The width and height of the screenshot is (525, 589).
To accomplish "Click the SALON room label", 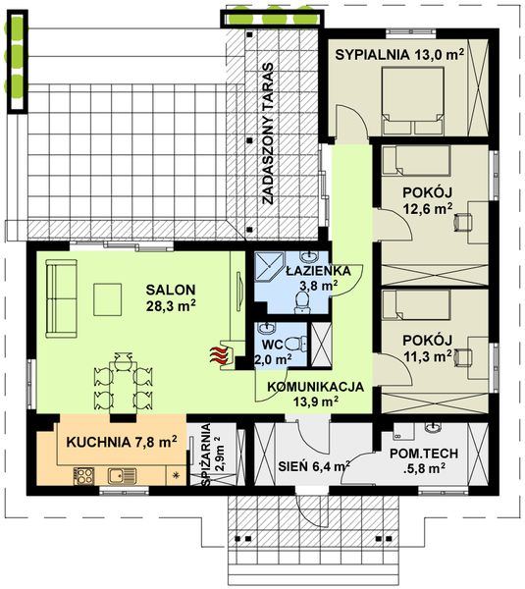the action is pyautogui.click(x=171, y=290).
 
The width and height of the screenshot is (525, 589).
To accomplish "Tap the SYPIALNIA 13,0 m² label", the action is pyautogui.click(x=399, y=55).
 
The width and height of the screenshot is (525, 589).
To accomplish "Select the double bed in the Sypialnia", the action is pyautogui.click(x=413, y=101).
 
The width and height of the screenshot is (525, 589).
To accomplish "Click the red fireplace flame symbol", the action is pyautogui.click(x=219, y=355).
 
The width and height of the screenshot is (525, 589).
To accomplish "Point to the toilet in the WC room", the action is pyautogui.click(x=295, y=345).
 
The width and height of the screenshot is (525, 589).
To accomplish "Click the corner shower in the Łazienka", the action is pyautogui.click(x=269, y=266).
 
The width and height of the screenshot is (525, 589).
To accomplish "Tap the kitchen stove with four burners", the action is pyautogui.click(x=83, y=475).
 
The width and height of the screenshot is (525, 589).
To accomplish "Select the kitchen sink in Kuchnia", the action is pyautogui.click(x=122, y=476).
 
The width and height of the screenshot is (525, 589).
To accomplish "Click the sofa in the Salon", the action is pyautogui.click(x=61, y=298).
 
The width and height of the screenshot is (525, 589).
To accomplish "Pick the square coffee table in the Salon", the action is pyautogui.click(x=107, y=299).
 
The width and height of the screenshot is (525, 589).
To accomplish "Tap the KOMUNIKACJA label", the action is pyautogui.click(x=315, y=387).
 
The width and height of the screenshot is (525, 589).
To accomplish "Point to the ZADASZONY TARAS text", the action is pyautogui.click(x=267, y=134).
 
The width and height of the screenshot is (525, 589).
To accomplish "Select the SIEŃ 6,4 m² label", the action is pyautogui.click(x=314, y=466).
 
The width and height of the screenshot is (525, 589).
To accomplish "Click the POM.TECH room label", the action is pyautogui.click(x=424, y=454).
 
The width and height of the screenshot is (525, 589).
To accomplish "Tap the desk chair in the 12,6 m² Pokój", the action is pyautogui.click(x=462, y=221).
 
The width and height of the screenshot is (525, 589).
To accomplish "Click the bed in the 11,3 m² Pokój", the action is pyautogui.click(x=416, y=304).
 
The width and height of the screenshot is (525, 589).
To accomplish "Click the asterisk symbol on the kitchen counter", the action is pyautogui.click(x=176, y=475).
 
